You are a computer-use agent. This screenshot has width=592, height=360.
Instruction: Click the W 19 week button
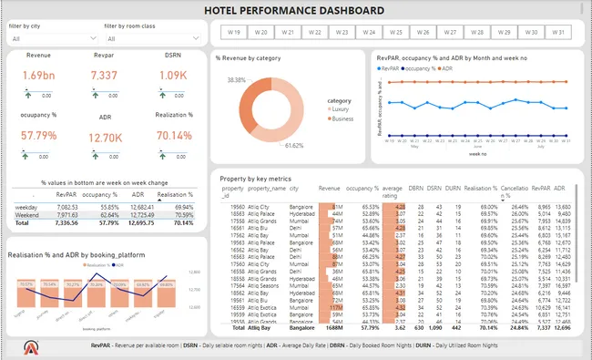(x=233, y=32)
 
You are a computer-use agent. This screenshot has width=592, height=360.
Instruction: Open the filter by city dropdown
(x=51, y=39)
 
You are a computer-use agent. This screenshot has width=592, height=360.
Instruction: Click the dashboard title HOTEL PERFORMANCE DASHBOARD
(x=294, y=10)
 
